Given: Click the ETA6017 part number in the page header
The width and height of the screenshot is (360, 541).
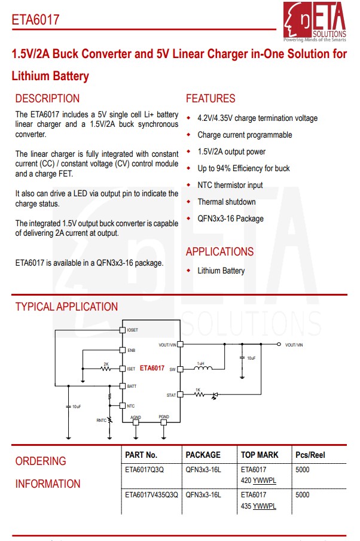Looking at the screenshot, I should [x=35, y=20].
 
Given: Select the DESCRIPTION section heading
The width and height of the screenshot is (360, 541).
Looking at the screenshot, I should [x=47, y=99].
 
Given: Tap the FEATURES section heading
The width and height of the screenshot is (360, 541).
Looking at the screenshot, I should [x=210, y=99].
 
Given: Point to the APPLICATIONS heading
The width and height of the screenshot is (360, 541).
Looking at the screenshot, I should [x=219, y=252].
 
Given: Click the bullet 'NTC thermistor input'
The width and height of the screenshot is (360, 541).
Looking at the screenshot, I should [x=230, y=186].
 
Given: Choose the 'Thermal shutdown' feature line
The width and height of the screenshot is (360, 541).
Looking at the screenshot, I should [x=227, y=202].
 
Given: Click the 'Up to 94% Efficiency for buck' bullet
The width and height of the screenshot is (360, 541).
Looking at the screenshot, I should [x=243, y=169].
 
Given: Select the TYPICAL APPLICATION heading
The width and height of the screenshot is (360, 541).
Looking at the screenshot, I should [x=66, y=307].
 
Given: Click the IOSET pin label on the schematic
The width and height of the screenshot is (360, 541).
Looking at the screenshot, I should [x=132, y=330].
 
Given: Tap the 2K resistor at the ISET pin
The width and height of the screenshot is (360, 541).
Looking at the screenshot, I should [x=106, y=369].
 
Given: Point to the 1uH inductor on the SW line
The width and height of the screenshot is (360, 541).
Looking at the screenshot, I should [x=202, y=369].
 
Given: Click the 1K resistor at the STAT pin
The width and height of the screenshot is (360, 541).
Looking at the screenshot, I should [x=198, y=394].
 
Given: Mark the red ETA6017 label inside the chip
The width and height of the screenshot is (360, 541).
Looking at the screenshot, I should [x=152, y=369].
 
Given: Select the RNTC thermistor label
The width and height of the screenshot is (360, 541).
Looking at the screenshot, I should [x=102, y=420].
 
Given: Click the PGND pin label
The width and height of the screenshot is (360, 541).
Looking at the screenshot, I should [x=164, y=417].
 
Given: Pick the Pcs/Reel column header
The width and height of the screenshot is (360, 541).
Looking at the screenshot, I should [x=310, y=455].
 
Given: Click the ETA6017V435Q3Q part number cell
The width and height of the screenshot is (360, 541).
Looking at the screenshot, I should [x=151, y=495].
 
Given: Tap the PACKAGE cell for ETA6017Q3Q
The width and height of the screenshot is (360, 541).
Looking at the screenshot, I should [x=203, y=470].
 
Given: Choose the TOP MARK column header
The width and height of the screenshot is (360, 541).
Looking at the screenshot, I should [x=260, y=455].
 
